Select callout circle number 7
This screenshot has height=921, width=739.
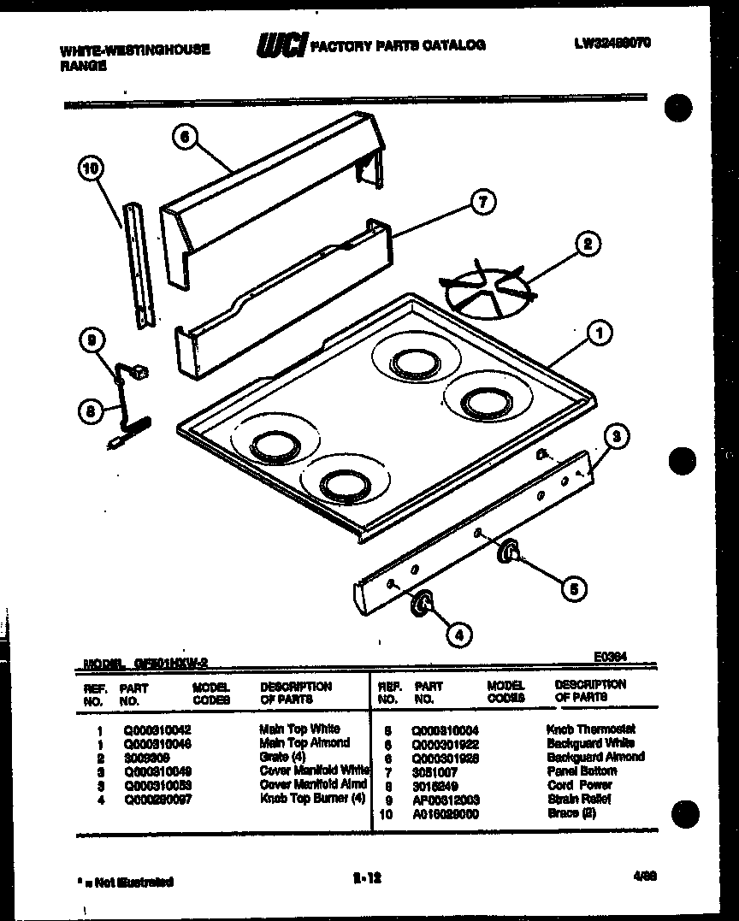click(482, 203)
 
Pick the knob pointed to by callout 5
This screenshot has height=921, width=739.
click(510, 552)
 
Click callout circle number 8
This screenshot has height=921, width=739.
click(86, 412)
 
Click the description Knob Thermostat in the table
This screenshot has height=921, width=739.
click(590, 729)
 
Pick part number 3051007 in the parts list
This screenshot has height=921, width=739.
click(435, 771)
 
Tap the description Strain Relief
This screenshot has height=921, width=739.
click(579, 799)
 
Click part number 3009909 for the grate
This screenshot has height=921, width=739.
click(141, 757)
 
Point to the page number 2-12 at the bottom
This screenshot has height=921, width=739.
click(366, 874)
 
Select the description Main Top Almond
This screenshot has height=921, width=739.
click(304, 743)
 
